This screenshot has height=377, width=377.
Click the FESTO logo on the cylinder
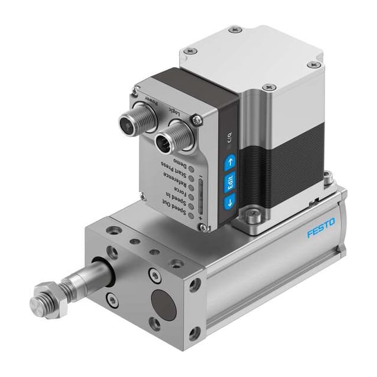click(x=321, y=229)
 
